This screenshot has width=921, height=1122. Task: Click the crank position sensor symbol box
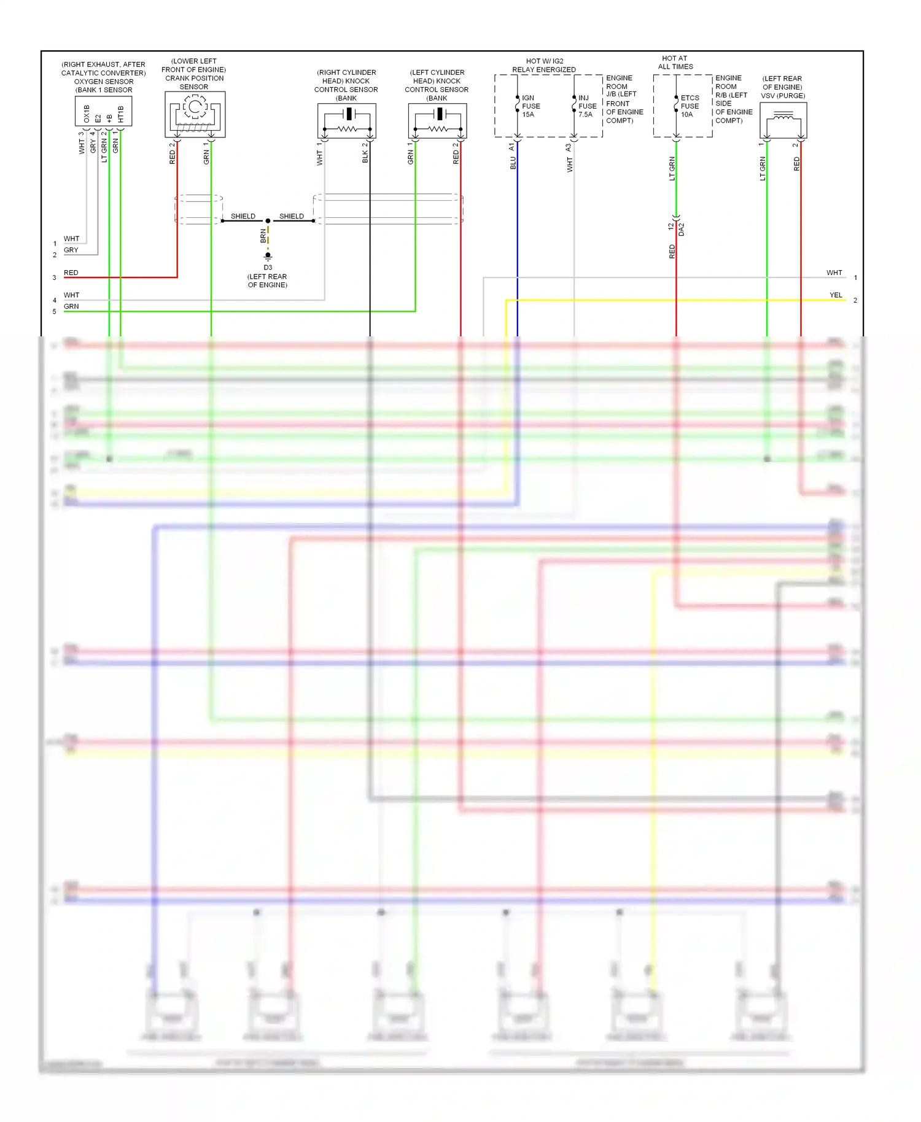tap(195, 114)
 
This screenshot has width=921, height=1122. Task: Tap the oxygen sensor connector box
tap(103, 112)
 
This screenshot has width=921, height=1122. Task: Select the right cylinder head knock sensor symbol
tap(346, 121)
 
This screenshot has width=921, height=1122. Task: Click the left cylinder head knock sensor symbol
tap(437, 121)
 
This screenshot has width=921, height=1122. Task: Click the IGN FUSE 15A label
tap(530, 106)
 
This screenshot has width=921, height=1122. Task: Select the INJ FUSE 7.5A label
tap(587, 106)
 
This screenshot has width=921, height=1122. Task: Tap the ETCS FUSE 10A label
tap(690, 106)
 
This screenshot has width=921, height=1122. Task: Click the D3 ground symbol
tap(268, 256)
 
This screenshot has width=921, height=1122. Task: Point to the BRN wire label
tap(263, 236)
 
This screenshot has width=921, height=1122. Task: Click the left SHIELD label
tap(243, 216)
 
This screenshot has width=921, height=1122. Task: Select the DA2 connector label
tap(682, 230)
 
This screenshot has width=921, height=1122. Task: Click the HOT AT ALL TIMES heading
tap(675, 63)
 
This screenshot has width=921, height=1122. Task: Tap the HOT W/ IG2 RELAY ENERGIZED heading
tap(544, 66)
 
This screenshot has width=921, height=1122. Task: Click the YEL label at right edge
tap(836, 295)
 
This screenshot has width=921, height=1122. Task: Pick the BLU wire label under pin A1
tap(513, 163)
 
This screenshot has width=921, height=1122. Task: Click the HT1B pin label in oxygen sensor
tap(121, 114)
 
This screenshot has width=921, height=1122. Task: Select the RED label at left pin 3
tap(71, 273)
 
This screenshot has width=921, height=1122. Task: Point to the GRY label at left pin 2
tap(71, 250)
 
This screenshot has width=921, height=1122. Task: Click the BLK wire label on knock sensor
tap(365, 157)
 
